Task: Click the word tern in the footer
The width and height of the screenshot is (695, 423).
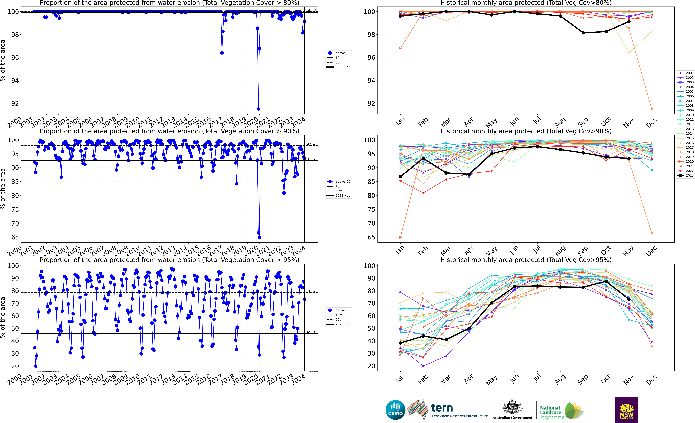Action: [x=442, y=408]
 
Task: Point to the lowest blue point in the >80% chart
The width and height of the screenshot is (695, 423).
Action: [x=258, y=109]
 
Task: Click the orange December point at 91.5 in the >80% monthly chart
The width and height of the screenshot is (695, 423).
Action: [x=652, y=109]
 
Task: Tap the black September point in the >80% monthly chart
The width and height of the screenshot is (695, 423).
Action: [x=583, y=33]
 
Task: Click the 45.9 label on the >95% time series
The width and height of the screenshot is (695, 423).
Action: [x=311, y=332]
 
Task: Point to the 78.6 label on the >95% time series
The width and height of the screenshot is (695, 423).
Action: [x=311, y=291]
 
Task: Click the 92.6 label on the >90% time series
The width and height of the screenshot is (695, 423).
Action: [x=311, y=159]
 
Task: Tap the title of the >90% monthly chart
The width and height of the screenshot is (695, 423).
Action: [x=526, y=131]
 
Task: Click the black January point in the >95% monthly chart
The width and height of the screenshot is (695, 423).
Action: [x=400, y=343]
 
